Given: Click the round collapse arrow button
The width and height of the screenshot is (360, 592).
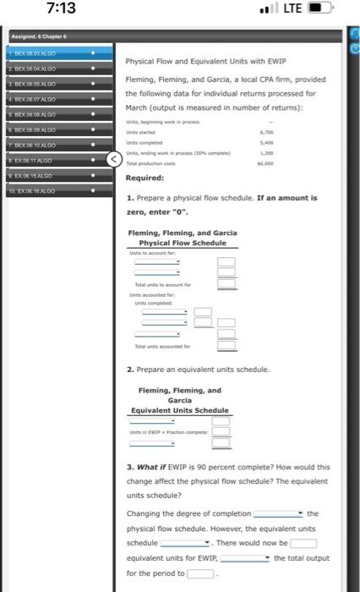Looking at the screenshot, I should (x=114, y=158).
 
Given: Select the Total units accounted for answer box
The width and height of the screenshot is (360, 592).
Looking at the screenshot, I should (x=226, y=370).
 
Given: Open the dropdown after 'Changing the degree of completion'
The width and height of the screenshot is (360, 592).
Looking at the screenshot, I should (x=278, y=513).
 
